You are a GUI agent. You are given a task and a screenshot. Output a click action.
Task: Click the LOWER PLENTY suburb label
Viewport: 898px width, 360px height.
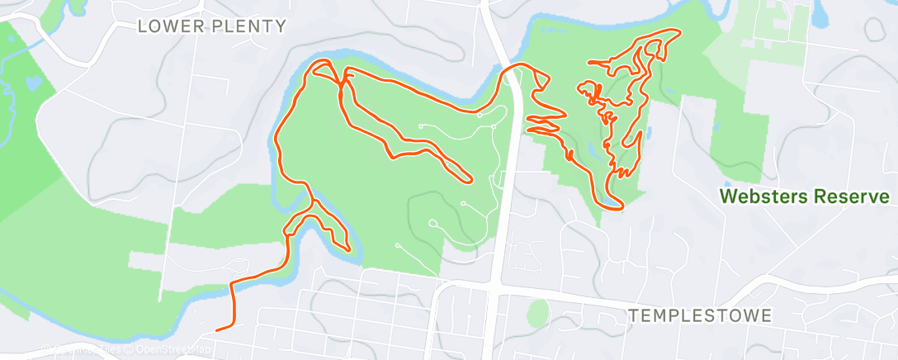(x=211, y=26)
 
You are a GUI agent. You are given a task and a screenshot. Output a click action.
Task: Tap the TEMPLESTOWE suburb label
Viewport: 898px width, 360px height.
(x=700, y=315)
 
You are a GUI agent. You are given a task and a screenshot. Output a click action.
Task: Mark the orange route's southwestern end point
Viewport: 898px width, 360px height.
(x=217, y=329)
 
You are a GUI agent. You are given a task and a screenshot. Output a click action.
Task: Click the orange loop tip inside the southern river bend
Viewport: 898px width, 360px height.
(x=348, y=248)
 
